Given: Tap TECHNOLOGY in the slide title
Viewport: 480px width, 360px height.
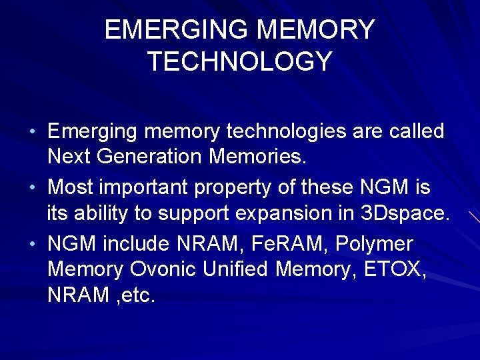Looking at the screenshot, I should (239, 61).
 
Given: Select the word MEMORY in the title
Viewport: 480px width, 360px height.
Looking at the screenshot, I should (315, 30).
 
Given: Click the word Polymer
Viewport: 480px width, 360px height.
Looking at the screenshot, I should (375, 243).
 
